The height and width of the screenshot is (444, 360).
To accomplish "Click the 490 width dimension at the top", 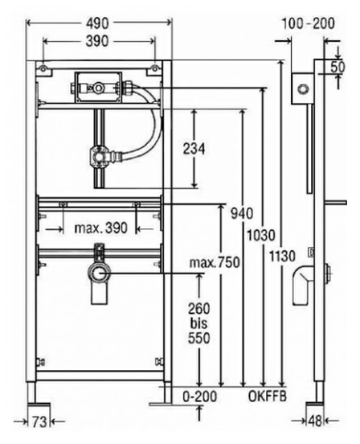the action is tap(97, 23).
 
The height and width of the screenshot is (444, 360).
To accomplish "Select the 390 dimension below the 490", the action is tap(97, 41).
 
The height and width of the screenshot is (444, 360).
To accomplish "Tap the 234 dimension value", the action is tap(194, 149).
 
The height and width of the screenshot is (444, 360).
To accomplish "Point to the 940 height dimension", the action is tap(242, 213).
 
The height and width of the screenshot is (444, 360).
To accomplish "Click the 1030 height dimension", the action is tap(261, 235).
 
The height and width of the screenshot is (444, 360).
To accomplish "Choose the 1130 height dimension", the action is tap(282, 257).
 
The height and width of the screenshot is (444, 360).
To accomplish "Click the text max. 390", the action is tap(101, 228).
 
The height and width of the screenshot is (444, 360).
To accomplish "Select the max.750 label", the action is tap(215, 262).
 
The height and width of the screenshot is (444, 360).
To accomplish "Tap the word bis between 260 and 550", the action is tap(198, 323).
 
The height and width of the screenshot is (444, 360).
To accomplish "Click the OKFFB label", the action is tap(268, 397).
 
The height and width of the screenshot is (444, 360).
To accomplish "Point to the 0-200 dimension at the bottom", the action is tap(200, 397).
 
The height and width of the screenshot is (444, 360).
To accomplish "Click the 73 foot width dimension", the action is tap(39, 422).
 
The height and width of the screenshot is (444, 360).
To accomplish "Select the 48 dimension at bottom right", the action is tap(315, 421).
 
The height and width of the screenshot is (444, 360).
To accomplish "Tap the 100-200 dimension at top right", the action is tap(309, 23).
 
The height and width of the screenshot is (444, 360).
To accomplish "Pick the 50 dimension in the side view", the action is tap(338, 67).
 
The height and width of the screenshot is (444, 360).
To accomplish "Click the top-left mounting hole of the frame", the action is tap(43, 68).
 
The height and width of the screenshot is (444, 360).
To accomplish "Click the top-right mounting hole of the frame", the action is tap(155, 68).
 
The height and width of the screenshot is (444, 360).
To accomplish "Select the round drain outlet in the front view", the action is tap(99, 273).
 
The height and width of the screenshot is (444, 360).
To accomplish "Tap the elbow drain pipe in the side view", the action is tap(303, 286).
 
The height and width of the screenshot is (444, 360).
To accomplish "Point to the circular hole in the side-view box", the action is tap(303, 88).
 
